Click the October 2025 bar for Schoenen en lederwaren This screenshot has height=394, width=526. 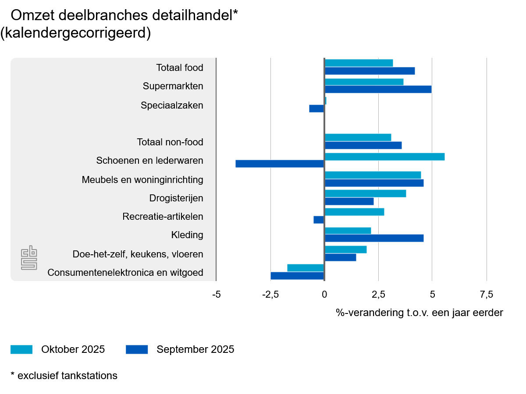pos(384,157)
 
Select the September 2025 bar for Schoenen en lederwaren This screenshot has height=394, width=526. pos(280,164)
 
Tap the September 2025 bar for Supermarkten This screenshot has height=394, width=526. pos(378,89)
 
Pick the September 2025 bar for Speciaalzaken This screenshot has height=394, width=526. pos(316,109)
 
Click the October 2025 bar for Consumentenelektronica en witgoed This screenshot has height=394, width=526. pos(306,268)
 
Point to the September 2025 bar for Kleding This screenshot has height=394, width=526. pos(374,238)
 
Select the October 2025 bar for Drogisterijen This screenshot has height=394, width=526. pos(365,193)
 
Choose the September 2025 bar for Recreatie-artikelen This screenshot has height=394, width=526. pos(319,220)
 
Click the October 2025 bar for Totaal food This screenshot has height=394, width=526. pos(359,63)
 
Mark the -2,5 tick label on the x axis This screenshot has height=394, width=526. pos(270,294)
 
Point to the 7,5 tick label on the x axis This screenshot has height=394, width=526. pos(487,294)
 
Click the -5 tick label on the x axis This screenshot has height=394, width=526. pos(216,294)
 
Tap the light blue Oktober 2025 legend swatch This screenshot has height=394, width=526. pos(21,349)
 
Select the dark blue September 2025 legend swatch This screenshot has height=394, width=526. pos(137,349)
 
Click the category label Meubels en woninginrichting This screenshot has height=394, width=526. pos(142,179)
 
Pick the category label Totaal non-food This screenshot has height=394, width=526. pos(170,142)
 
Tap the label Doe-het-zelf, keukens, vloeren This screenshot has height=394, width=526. pos(138,254)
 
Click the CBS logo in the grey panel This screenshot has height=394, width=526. pos(29,258)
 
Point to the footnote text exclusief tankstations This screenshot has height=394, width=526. pos(68,376)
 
